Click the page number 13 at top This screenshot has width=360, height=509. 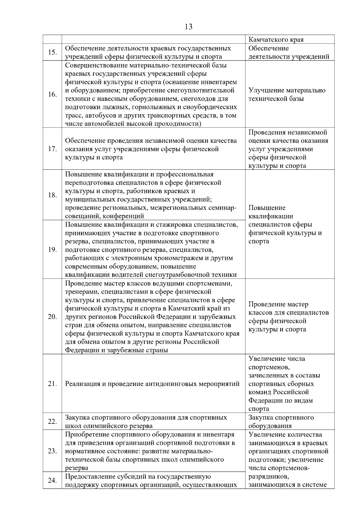(189, 27)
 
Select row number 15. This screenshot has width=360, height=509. (52, 52)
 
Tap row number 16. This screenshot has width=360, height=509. (52, 94)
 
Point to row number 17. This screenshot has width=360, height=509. (52, 149)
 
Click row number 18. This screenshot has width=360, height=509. (52, 195)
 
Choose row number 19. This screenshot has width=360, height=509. (52, 250)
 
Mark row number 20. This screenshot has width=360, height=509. (52, 316)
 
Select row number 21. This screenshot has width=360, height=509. (52, 384)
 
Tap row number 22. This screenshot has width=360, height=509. (52, 421)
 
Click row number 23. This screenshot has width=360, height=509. (52, 451)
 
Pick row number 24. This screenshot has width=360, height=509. (52, 481)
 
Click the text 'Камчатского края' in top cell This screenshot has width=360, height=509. (276, 40)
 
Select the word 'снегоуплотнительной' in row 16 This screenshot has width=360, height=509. (201, 90)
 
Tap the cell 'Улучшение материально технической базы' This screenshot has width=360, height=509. (286, 94)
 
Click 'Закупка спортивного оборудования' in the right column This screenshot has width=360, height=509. (281, 421)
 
